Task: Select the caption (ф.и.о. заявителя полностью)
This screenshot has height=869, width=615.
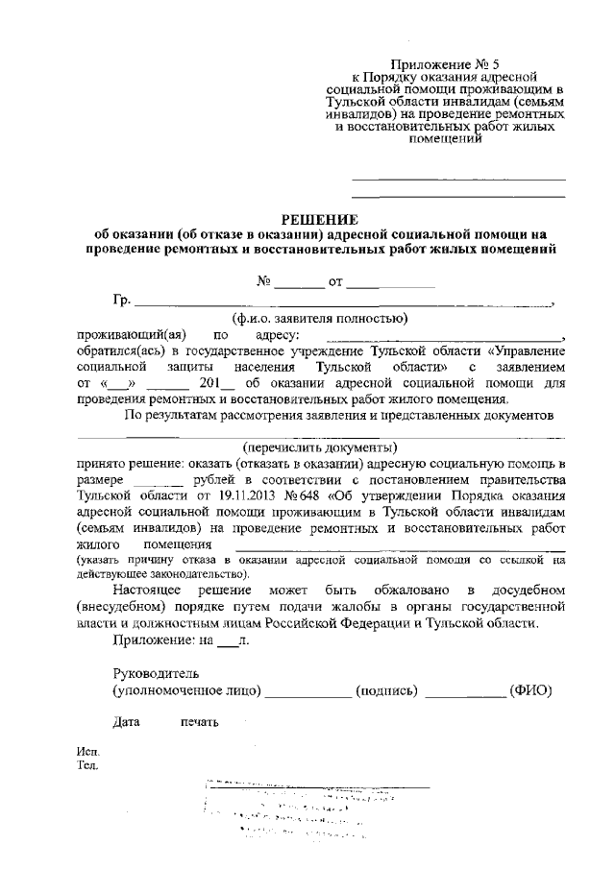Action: click(x=320, y=318)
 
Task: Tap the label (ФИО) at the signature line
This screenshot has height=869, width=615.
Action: click(x=530, y=690)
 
